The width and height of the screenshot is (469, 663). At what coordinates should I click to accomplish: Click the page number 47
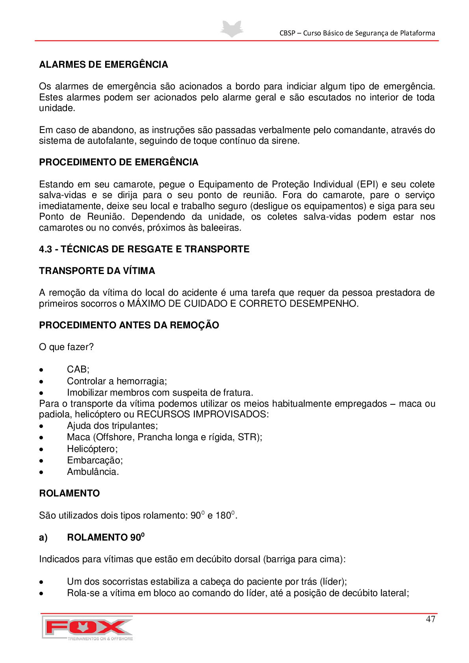point(430,619)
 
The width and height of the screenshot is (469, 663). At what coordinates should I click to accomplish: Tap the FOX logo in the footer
point(87,628)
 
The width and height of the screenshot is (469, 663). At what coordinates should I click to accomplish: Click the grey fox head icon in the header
point(232,29)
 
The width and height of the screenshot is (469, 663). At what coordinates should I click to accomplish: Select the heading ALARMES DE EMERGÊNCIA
point(104,65)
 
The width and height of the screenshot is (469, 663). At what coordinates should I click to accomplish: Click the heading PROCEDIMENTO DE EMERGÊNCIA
point(119,162)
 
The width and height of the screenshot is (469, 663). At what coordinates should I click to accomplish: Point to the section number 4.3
point(45,249)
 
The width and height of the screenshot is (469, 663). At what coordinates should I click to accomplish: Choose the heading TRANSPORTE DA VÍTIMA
point(97,271)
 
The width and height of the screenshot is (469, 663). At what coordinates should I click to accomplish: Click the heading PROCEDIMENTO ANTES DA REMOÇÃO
point(129,325)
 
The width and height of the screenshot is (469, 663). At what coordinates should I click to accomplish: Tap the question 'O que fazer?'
point(66,347)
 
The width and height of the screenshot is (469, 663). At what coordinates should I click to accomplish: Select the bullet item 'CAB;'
point(78,369)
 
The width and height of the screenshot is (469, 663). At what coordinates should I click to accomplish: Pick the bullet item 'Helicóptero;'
point(92,449)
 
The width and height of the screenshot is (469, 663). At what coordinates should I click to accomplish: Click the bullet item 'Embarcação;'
point(95,460)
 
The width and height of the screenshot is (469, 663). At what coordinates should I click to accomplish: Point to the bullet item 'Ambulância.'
point(93,472)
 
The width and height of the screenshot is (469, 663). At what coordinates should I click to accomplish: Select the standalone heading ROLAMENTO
point(69,493)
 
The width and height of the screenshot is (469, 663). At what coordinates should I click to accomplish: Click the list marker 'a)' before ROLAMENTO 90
point(43,537)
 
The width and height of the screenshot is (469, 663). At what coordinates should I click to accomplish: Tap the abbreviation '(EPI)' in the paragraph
point(367,184)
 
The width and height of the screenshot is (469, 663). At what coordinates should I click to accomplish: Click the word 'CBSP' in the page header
point(287,33)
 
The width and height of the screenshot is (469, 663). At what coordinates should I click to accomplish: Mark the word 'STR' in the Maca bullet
point(247,437)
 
